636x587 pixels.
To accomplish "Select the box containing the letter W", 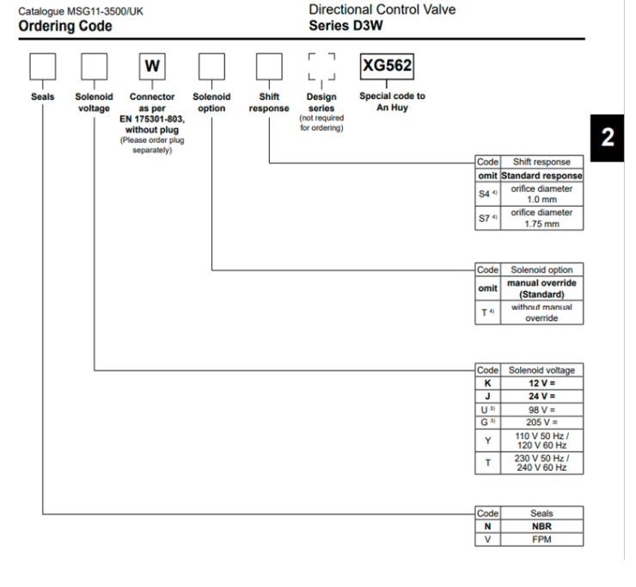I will pyautogui.click(x=152, y=66).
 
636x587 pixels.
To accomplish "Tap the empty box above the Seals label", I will pyautogui.click(x=43, y=66).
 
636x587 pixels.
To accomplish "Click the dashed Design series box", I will pyautogui.click(x=321, y=66).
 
